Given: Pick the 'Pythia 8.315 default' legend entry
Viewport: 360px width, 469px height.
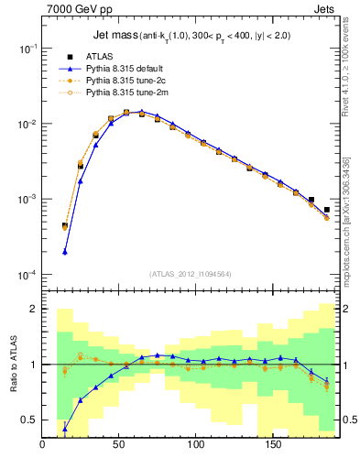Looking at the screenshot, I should coord(124,68).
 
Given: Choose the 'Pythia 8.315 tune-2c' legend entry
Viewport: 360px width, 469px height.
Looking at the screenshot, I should coord(124,80).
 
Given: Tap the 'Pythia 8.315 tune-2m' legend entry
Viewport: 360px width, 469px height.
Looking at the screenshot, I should coord(124,92).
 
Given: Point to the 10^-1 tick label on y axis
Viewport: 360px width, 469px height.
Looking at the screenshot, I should coord(27,48).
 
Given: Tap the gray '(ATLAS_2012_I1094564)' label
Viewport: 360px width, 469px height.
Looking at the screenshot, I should coord(191,273).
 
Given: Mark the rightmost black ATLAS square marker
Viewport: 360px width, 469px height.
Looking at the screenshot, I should coord(326,210).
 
